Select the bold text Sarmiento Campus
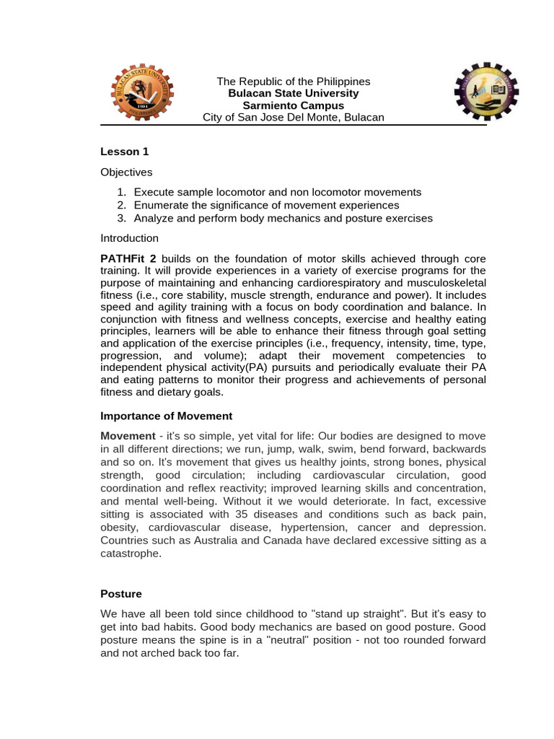pyautogui.click(x=293, y=105)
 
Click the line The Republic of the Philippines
pyautogui.click(x=294, y=82)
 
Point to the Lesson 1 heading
pyautogui.click(x=125, y=152)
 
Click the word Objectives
pyautogui.click(x=126, y=172)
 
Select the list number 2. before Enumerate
pyautogui.click(x=121, y=205)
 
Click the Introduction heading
pyautogui.click(x=129, y=238)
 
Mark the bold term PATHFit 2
pyautogui.click(x=128, y=258)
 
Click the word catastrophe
pyautogui.click(x=131, y=554)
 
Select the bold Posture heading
pyautogui.click(x=121, y=594)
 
